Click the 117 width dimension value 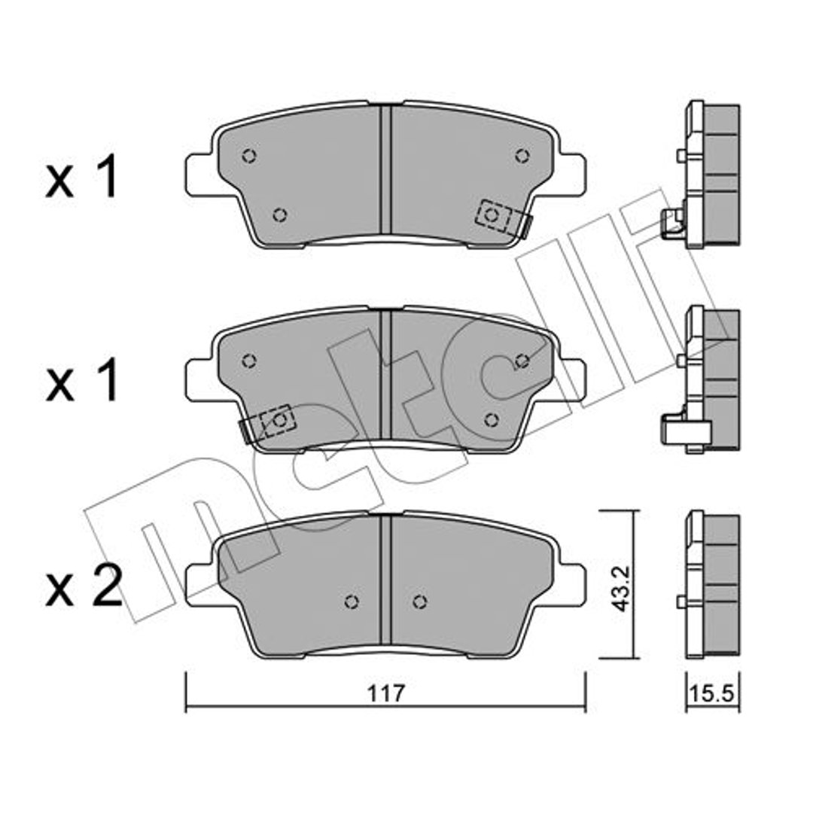(x=385, y=693)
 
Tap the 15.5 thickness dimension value (x=713, y=694)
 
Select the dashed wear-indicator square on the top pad (x=492, y=215)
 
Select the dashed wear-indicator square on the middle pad (x=279, y=420)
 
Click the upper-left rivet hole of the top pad (x=249, y=156)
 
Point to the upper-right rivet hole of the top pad (x=522, y=155)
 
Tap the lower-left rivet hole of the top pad (x=280, y=214)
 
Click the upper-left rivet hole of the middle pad (x=249, y=361)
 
